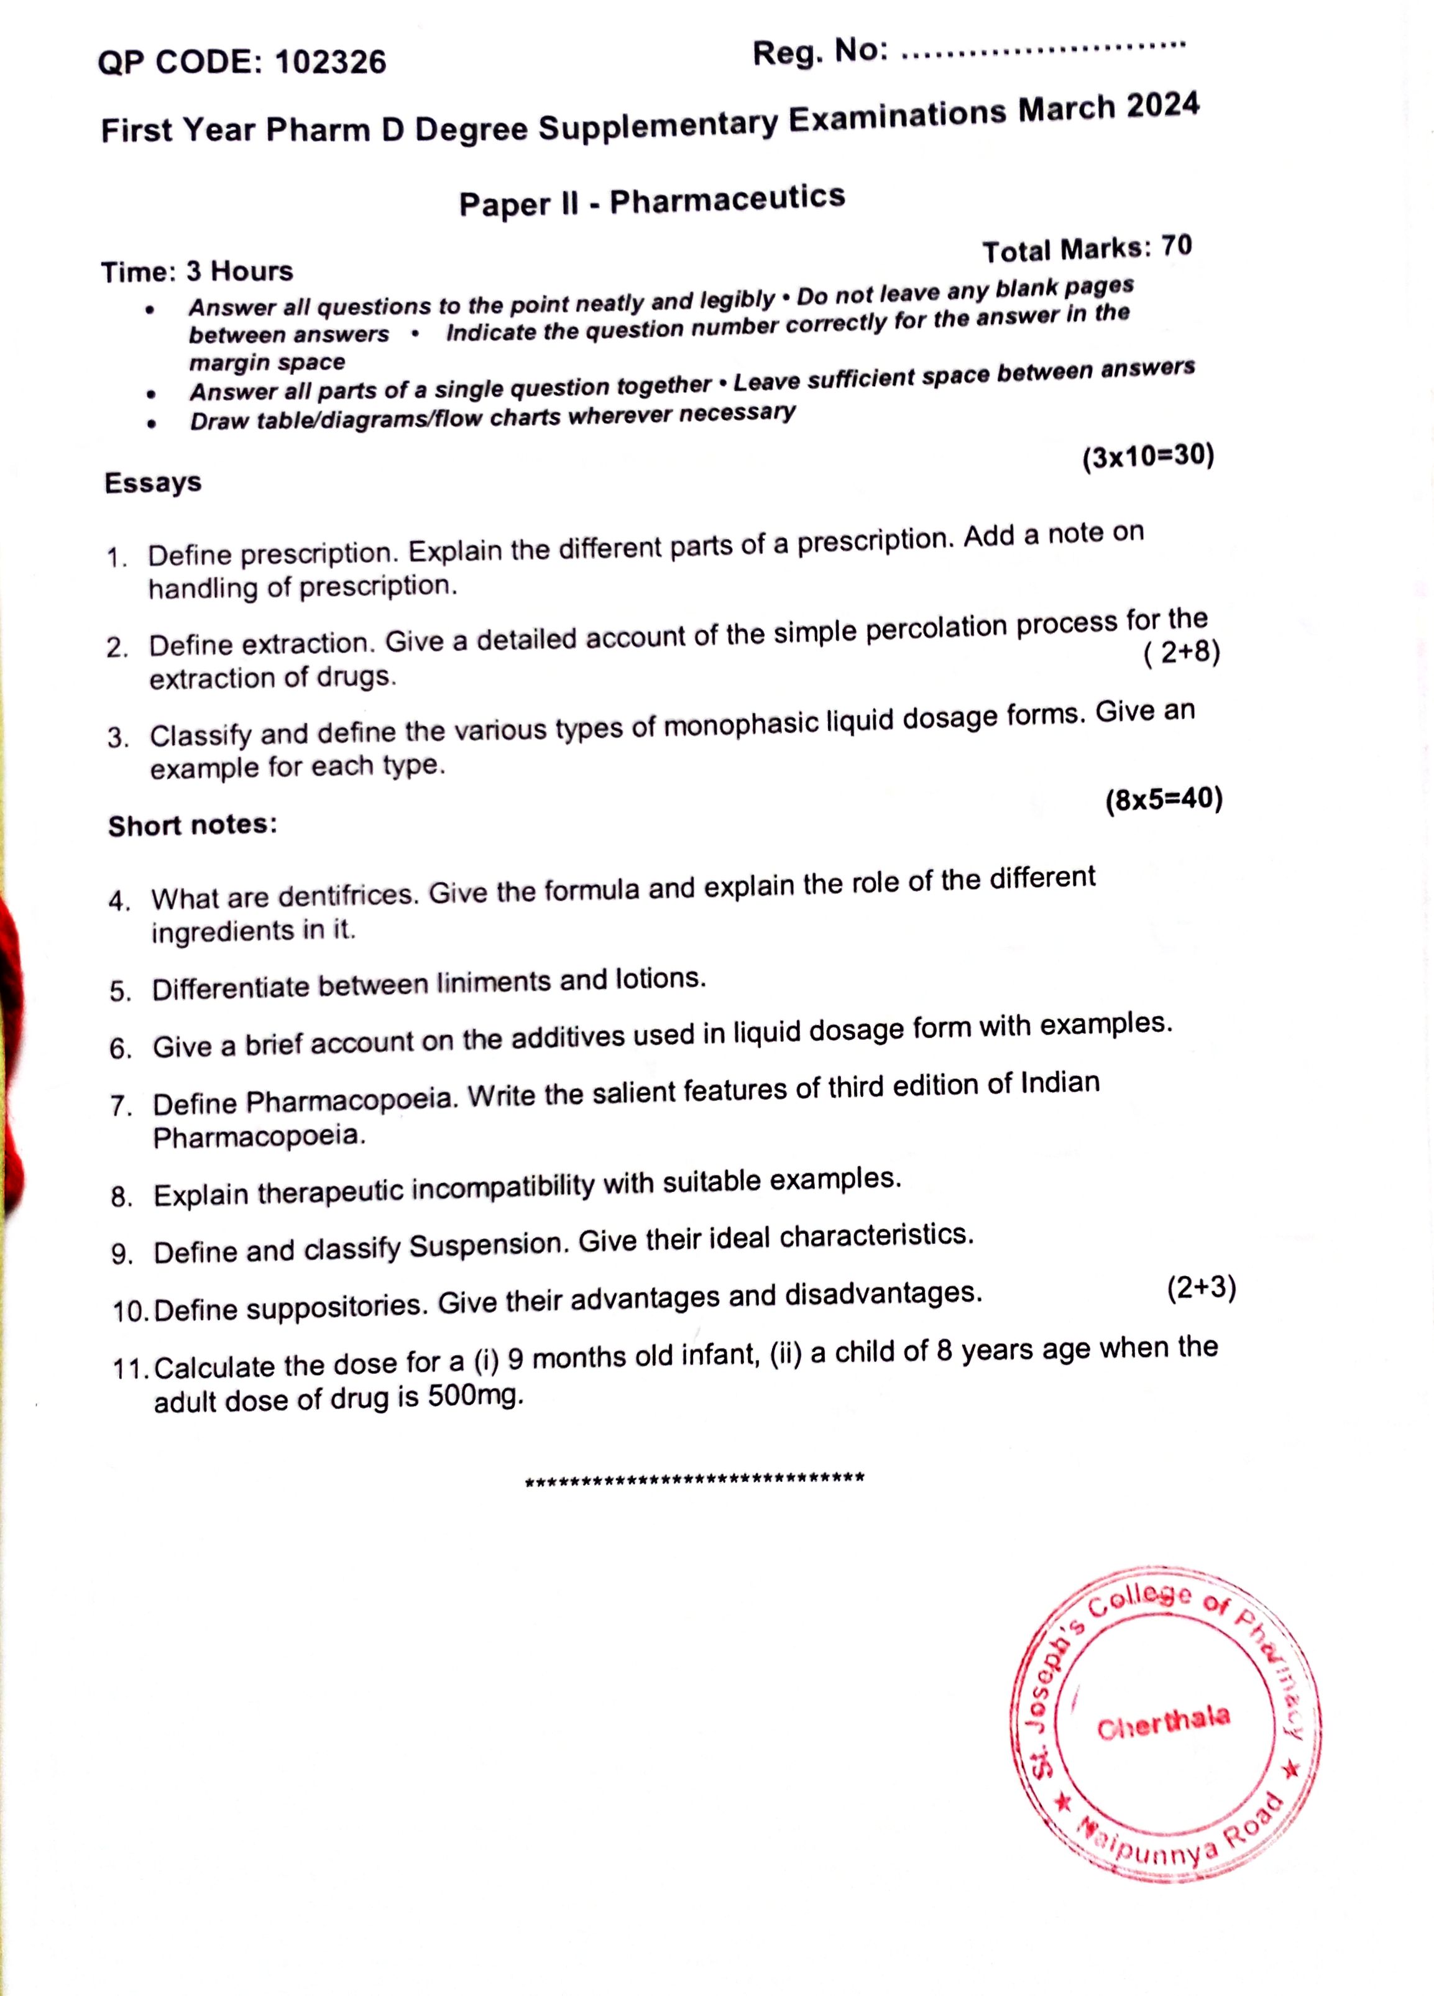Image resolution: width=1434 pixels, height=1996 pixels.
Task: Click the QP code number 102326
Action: click(330, 62)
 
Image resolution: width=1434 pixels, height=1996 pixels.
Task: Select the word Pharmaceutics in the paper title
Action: click(727, 199)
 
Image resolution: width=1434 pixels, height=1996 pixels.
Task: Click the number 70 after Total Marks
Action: click(1176, 246)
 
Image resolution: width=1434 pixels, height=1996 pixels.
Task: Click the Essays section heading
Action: click(153, 482)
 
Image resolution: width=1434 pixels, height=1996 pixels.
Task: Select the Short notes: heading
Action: click(192, 825)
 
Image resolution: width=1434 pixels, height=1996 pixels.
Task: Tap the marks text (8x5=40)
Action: click(1164, 799)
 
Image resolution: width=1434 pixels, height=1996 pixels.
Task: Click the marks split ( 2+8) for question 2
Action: click(1182, 653)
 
